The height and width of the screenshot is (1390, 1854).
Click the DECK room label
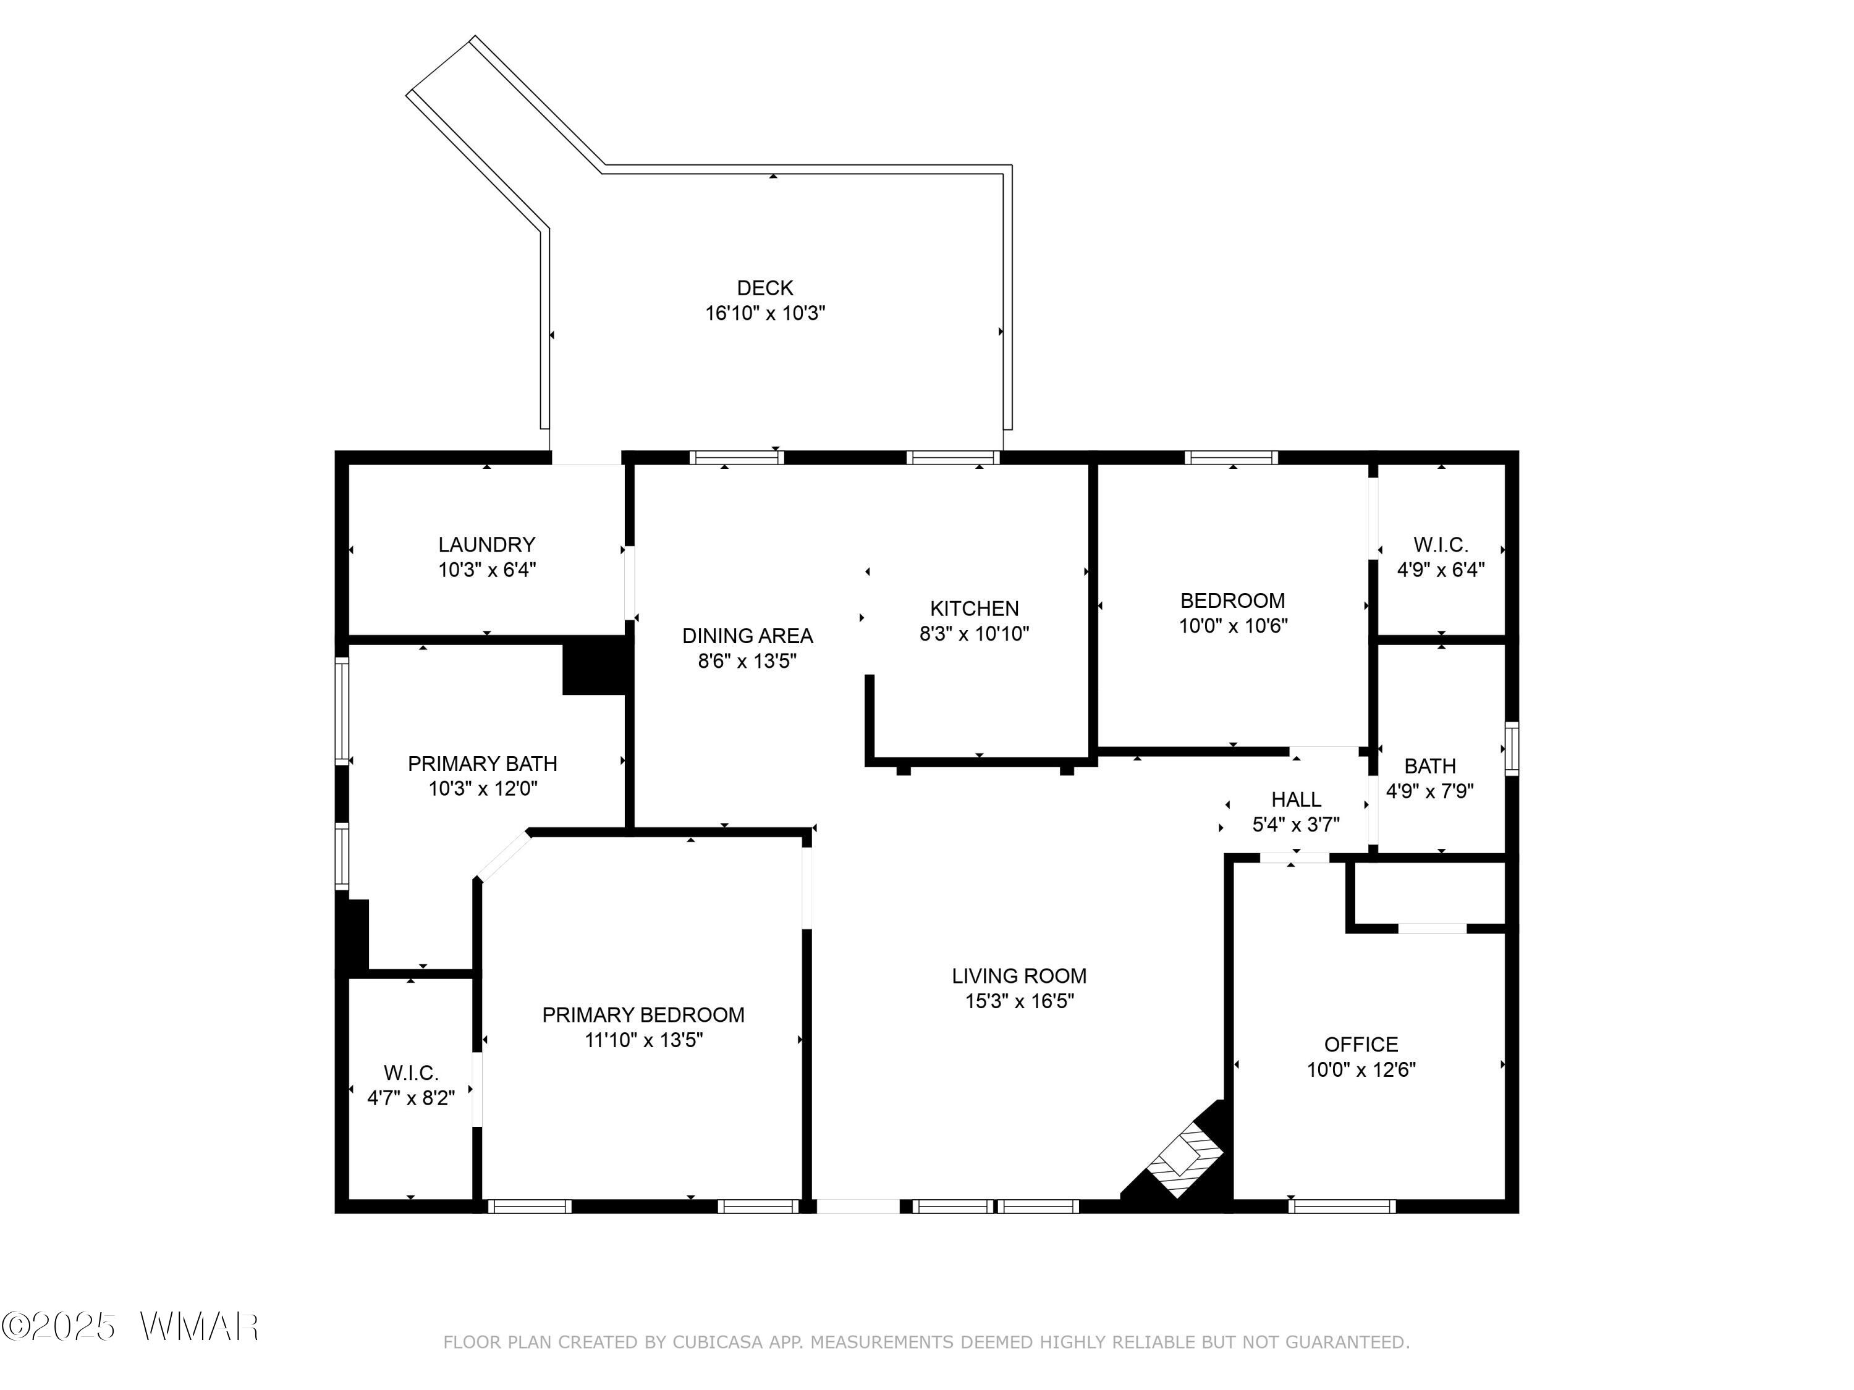click(764, 289)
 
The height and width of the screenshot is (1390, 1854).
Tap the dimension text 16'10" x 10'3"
click(764, 313)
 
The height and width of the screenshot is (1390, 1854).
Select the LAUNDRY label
click(486, 545)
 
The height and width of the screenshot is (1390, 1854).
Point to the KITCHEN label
click(974, 609)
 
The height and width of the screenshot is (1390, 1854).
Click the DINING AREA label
click(747, 636)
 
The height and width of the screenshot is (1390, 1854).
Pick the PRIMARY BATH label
click(482, 764)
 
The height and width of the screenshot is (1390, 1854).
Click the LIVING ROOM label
click(1018, 975)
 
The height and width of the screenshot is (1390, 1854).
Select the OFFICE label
click(1360, 1044)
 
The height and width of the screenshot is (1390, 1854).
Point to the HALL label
click(1296, 799)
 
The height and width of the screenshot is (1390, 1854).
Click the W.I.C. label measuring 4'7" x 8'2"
click(411, 1072)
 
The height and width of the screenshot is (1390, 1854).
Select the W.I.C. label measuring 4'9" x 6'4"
click(1440, 545)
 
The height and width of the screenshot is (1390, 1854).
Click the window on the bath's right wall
click(1510, 748)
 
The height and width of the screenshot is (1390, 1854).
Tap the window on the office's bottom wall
click(1341, 1207)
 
